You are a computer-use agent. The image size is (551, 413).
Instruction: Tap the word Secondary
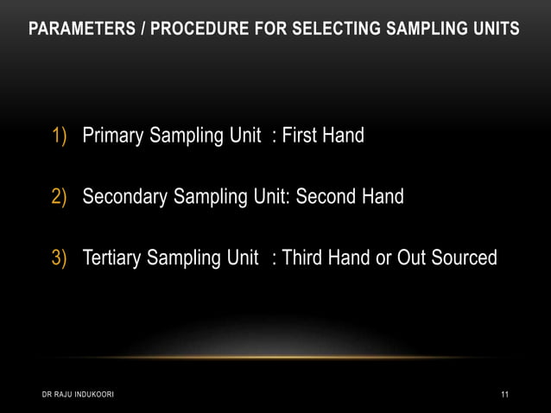(x=125, y=197)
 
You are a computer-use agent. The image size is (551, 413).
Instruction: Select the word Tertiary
(x=112, y=257)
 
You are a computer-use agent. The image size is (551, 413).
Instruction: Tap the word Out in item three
(x=412, y=257)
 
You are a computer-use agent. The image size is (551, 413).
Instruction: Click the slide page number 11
(x=504, y=395)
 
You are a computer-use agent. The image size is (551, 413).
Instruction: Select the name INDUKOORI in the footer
(x=90, y=395)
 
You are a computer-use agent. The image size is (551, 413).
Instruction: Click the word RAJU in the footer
(x=56, y=395)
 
